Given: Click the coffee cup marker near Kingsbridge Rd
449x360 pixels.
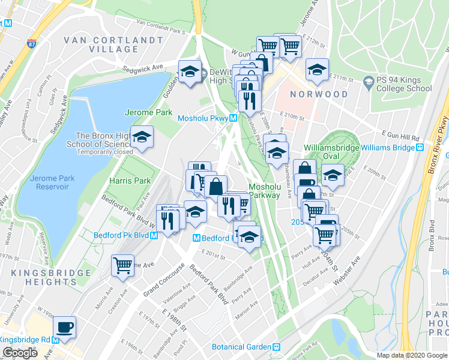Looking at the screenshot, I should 65,327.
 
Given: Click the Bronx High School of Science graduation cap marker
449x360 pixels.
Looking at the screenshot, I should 142,137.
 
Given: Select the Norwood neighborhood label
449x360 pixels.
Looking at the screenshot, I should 319,94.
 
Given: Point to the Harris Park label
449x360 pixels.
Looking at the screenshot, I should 130,180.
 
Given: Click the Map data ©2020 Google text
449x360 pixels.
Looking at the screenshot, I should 412,355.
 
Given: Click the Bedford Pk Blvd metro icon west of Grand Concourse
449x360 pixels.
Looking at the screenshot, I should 155,236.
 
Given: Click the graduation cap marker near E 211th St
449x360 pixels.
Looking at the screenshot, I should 316,70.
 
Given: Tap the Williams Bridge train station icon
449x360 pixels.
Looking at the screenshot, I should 421,148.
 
